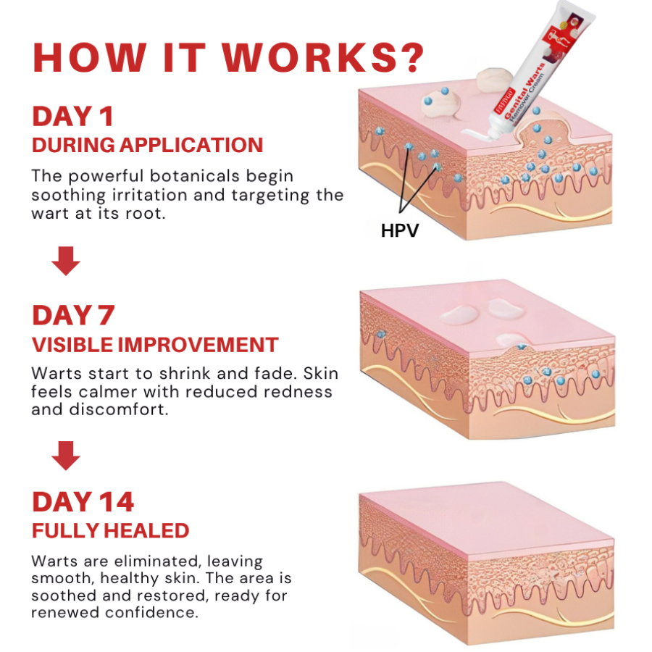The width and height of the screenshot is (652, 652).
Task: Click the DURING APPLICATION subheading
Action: (147, 145)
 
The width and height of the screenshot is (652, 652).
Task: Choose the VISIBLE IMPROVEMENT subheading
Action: (155, 345)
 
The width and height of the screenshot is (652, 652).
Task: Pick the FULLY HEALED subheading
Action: (110, 530)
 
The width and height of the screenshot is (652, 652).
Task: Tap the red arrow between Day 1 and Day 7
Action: (66, 261)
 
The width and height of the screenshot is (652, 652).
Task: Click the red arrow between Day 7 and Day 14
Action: (66, 456)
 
